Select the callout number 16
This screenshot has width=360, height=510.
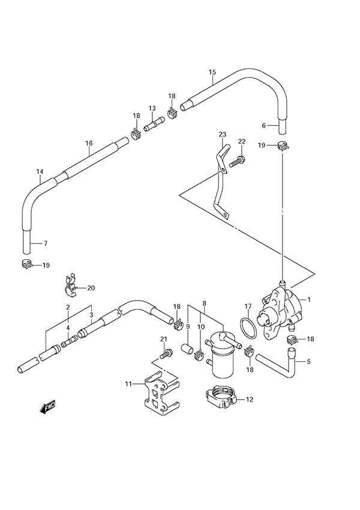coord(89,143)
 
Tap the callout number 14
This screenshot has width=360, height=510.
coord(40,172)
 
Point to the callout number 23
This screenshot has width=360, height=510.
coord(223,134)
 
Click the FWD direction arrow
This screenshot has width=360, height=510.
coord(47,408)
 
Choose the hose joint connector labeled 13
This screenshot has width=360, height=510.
coord(152,126)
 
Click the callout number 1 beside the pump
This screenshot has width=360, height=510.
coord(308,299)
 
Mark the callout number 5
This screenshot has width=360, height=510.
coord(308,361)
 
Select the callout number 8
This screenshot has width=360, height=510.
coord(204,303)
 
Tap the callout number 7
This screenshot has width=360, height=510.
coord(44,244)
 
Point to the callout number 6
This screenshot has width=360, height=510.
coord(263,125)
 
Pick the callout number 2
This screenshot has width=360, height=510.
coord(68,307)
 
